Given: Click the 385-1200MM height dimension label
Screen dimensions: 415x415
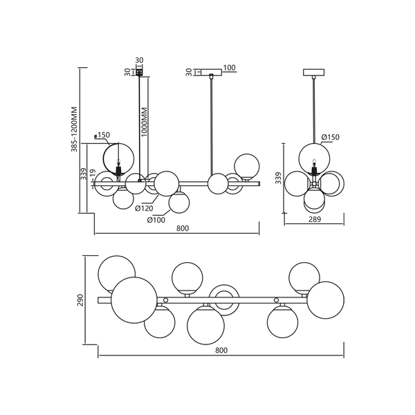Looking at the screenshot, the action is [75, 129].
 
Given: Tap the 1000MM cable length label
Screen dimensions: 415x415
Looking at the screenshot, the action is [145, 122].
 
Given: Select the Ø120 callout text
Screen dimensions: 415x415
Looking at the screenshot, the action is [144, 208].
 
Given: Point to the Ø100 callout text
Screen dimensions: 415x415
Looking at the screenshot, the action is [156, 220].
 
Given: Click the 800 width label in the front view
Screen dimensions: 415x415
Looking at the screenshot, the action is [183, 228].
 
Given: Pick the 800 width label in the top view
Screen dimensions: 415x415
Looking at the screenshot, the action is [221, 350].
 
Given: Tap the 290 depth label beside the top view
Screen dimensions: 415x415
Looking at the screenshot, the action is [80, 300].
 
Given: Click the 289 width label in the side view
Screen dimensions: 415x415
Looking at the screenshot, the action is [315, 219].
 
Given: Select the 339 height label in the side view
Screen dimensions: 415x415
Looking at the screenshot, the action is [278, 178].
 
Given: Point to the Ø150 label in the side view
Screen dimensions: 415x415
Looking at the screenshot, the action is [331, 137].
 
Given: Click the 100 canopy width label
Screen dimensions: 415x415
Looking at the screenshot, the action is [229, 68].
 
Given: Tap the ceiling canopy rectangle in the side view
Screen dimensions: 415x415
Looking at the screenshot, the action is [313, 72].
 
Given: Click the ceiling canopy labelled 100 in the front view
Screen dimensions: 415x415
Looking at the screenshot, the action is [211, 72].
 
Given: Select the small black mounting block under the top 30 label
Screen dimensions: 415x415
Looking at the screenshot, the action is [139, 72].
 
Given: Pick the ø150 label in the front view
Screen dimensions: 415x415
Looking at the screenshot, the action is [102, 135].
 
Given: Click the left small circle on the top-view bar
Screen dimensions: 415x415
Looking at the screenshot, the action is [166, 300].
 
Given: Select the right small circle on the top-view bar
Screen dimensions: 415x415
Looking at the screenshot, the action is [276, 300].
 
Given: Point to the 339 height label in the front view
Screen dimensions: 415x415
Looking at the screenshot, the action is [84, 174].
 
